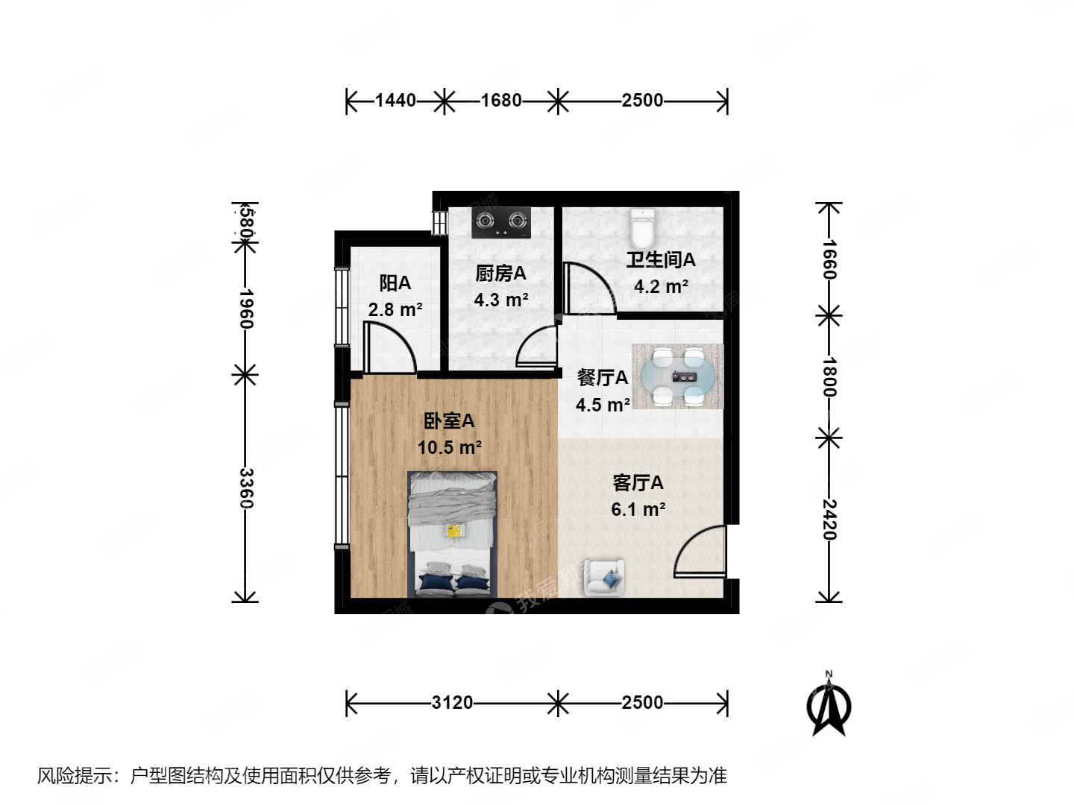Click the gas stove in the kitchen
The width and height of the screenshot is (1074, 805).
coord(501,222)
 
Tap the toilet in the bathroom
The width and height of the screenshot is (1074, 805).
coord(641,228)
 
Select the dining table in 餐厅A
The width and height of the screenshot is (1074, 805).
coord(678,376)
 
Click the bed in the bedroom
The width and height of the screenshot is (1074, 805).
coord(453,533)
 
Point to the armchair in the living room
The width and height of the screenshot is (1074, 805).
coord(605,577)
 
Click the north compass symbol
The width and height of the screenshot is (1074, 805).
coord(829,704)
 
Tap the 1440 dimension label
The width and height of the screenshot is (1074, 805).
coord(395,100)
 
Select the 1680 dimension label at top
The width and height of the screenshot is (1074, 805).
coord(501,100)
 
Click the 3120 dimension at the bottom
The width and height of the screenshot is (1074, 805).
coord(452,702)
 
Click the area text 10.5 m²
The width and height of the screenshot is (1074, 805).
coord(449,447)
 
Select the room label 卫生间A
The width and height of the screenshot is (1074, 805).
coord(660,259)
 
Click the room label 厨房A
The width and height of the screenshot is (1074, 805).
coord(500,274)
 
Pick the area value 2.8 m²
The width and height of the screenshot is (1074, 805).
coord(395,309)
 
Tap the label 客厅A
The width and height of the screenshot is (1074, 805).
coord(638,483)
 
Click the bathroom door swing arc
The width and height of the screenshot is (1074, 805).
coord(589,287)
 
